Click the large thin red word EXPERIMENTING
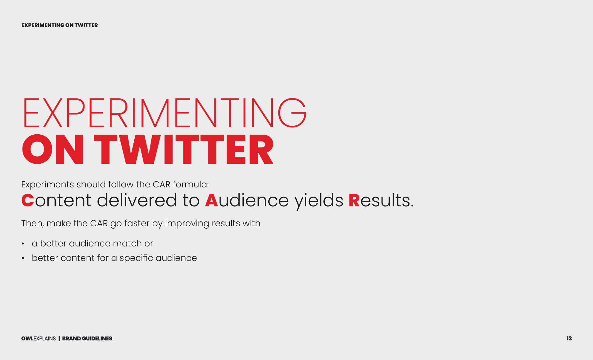(165, 113)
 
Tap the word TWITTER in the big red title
(184, 149)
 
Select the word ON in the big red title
(53, 149)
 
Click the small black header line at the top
(60, 25)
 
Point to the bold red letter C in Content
(28, 200)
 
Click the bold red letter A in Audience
(212, 200)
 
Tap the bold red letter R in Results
(354, 200)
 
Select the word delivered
(137, 200)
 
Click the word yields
(319, 201)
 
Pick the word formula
(191, 184)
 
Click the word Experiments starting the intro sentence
(47, 185)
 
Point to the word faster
(137, 223)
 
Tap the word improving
(187, 224)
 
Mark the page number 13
(569, 338)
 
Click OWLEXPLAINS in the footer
(39, 338)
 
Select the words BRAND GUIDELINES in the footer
(87, 338)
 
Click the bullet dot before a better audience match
(23, 244)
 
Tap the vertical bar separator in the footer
(59, 338)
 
